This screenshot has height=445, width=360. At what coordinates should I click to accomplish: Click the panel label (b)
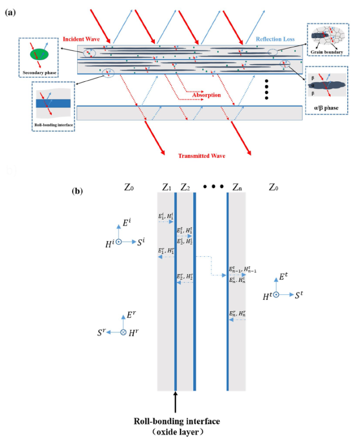click(78, 190)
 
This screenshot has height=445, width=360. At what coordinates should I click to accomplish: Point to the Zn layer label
click(236, 187)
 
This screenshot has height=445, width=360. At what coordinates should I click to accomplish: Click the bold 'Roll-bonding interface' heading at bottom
click(176, 421)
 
